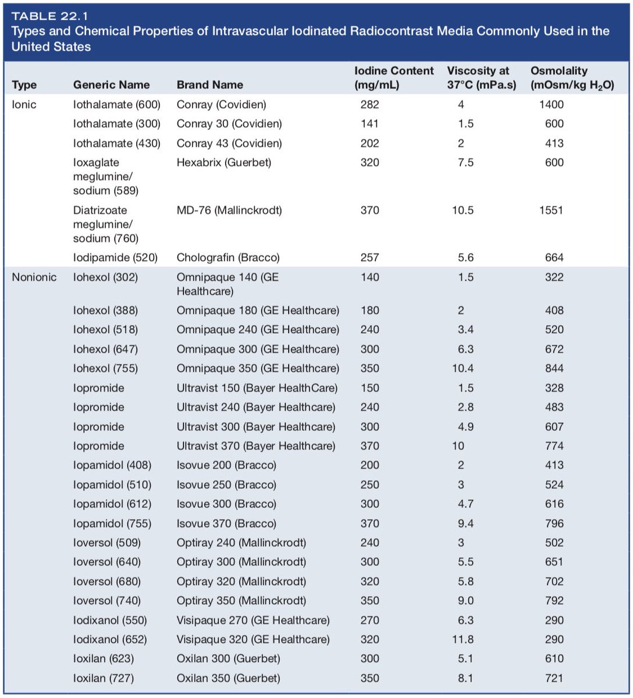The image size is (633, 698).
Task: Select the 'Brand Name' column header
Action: [x=209, y=85]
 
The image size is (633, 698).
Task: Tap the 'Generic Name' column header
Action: [x=111, y=85]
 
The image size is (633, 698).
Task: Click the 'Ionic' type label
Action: [x=24, y=105]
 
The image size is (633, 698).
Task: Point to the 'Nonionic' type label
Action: [x=34, y=277]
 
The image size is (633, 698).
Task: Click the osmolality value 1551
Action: [x=552, y=210]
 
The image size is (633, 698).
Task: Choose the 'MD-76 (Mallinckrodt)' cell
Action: [x=229, y=210]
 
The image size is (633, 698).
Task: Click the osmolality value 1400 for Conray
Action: [x=552, y=105]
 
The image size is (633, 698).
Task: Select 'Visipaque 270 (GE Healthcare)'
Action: [x=253, y=620]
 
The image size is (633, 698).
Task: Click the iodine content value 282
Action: [x=369, y=105]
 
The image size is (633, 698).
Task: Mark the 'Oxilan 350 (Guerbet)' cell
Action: [x=228, y=678]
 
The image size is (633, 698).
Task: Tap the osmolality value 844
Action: [x=554, y=368]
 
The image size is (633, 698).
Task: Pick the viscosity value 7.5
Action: [x=466, y=163]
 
